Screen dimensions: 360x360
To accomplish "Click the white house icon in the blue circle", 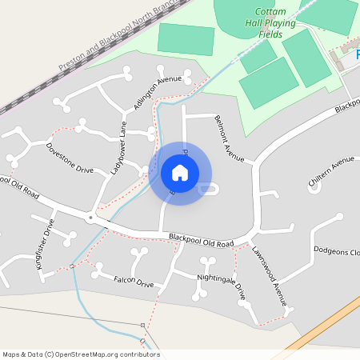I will coord(180,172).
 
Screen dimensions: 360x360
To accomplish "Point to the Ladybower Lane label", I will coord(118,147).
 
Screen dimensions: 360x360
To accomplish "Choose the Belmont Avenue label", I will coord(229,138).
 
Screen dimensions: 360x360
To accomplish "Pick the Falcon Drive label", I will coord(134,282).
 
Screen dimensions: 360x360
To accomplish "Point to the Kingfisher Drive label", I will coord(45,247).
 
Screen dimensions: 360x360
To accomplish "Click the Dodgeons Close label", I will coord(336,251).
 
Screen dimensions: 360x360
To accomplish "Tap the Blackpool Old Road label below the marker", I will coord(201,239).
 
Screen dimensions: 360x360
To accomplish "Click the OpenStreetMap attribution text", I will coord(81,354).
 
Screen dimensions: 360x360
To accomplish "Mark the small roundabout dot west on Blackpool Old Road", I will coord(91,217).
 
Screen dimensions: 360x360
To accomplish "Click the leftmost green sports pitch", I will coord(186,38).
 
